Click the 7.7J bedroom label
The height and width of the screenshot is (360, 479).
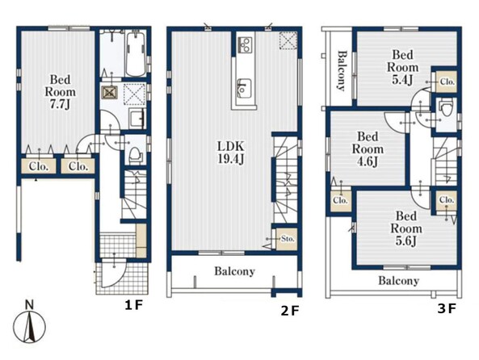point(61,92)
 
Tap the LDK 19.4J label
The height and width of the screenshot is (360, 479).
point(231,153)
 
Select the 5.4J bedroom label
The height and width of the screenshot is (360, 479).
point(403,68)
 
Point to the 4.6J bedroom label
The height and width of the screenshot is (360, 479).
point(368,149)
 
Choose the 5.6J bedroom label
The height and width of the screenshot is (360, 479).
point(406,228)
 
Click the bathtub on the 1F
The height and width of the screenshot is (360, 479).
point(136,54)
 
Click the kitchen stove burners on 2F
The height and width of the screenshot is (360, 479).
point(246,44)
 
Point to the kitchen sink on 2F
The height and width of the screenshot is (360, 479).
point(245,89)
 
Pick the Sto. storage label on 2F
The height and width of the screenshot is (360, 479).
point(288,239)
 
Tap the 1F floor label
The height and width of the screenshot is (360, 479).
point(133,305)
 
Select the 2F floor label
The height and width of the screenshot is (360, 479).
point(289,311)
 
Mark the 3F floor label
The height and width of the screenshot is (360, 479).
point(447,309)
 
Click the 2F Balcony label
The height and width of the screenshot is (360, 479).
point(234,271)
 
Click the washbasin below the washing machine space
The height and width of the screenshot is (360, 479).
point(137,119)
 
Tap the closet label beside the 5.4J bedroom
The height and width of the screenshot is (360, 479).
point(447,82)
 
